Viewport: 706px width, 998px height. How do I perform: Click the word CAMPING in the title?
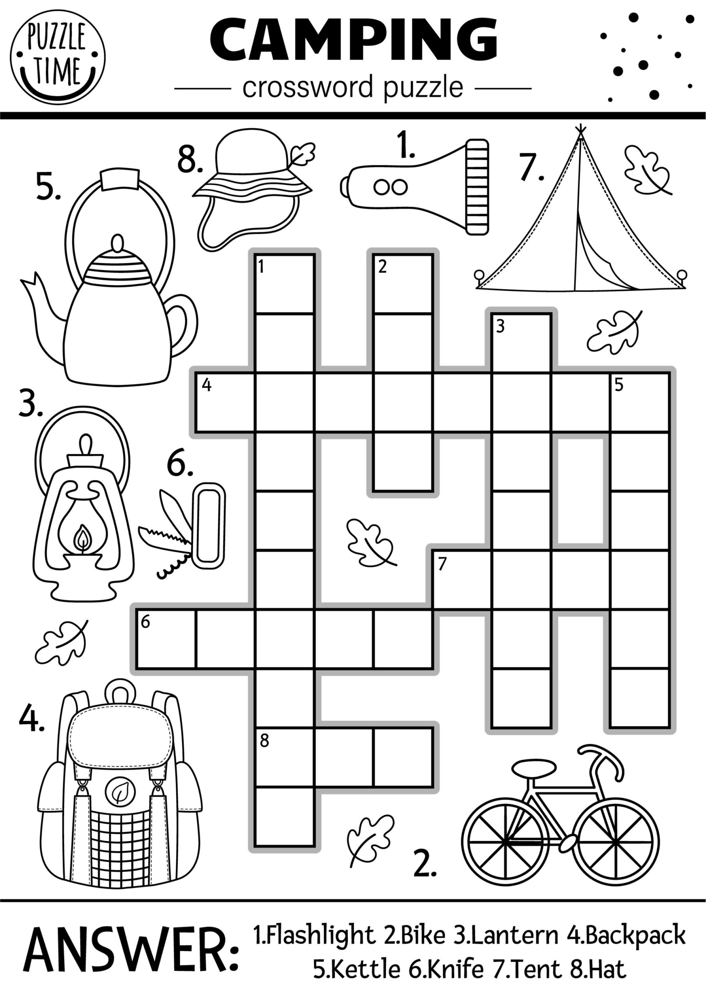353,40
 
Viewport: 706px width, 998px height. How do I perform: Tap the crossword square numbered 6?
166,639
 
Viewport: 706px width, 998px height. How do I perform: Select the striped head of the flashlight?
477,187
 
